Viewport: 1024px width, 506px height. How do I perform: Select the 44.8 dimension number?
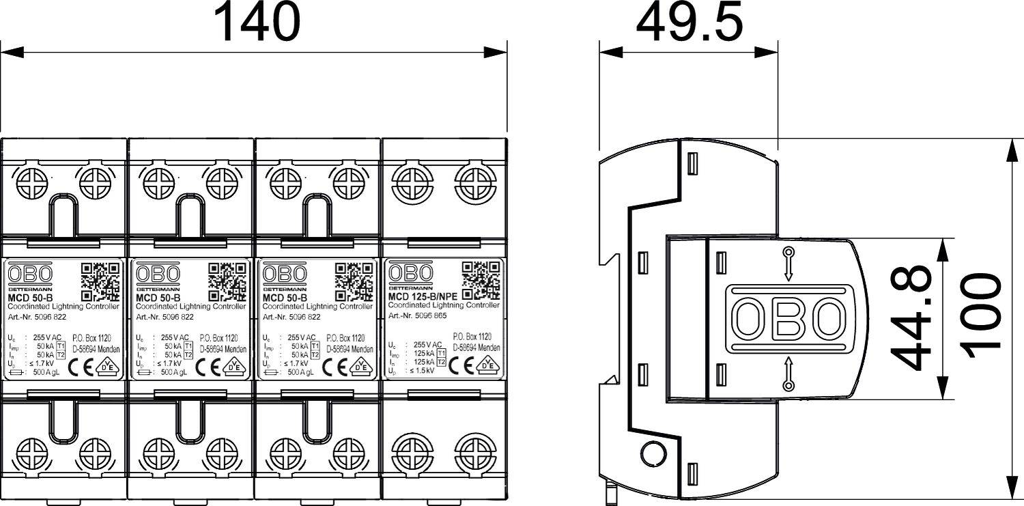tap(913, 318)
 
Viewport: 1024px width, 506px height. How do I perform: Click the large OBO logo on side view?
tap(788, 319)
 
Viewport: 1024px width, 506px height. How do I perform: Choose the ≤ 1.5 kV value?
tap(423, 370)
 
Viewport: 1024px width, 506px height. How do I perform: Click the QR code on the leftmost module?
tap(100, 282)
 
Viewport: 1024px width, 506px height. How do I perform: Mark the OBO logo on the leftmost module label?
tap(29, 275)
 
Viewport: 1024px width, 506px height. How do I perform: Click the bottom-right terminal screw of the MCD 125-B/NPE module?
tap(472, 451)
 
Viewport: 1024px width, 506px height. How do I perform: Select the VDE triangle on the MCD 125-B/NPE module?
tap(489, 365)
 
